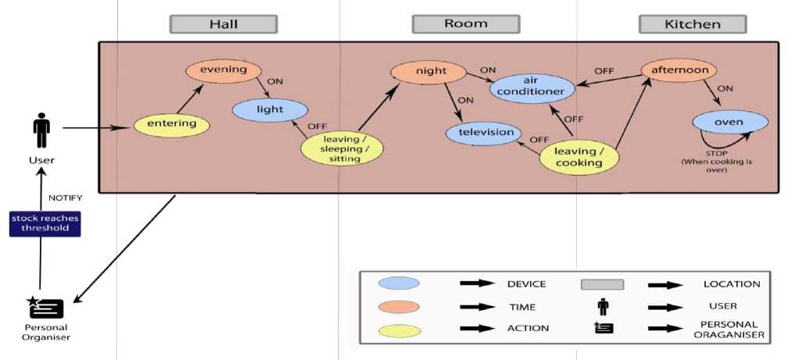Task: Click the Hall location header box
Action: [x=224, y=24]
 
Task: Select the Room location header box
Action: [x=465, y=24]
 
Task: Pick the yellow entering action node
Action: [x=172, y=123]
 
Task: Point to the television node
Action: [x=485, y=132]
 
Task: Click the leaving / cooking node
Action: [x=579, y=157]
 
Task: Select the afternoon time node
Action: [x=680, y=70]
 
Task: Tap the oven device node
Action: [x=728, y=123]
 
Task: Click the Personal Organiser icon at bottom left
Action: [x=40, y=308]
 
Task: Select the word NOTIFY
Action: [x=65, y=198]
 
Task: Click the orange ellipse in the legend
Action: [x=398, y=306]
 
